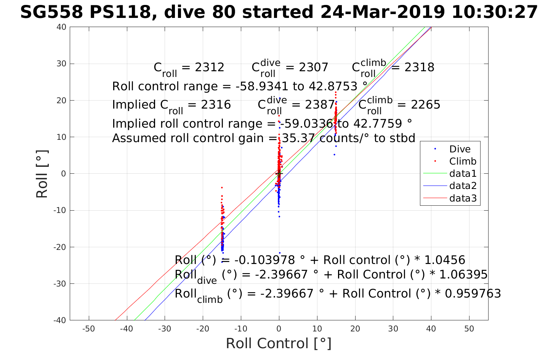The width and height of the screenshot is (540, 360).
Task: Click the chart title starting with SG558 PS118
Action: [279, 12]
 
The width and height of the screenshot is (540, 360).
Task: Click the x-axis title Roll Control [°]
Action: [279, 343]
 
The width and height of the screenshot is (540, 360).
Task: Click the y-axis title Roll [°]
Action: [42, 174]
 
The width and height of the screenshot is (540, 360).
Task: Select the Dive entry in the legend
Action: [460, 149]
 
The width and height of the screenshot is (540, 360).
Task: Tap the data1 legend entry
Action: [463, 174]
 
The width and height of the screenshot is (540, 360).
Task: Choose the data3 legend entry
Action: [463, 198]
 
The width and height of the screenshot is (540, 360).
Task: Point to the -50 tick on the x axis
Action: [89, 329]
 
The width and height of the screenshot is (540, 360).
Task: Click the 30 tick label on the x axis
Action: [393, 329]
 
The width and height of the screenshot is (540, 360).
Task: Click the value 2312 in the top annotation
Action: [209, 67]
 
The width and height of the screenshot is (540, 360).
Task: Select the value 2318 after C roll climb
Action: [419, 67]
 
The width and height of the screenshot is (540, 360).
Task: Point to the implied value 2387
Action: [319, 105]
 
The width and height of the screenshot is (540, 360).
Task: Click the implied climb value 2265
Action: [425, 105]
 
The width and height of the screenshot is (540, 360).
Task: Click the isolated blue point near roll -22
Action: [279, 253]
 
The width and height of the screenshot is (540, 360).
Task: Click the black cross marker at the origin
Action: [279, 173]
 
